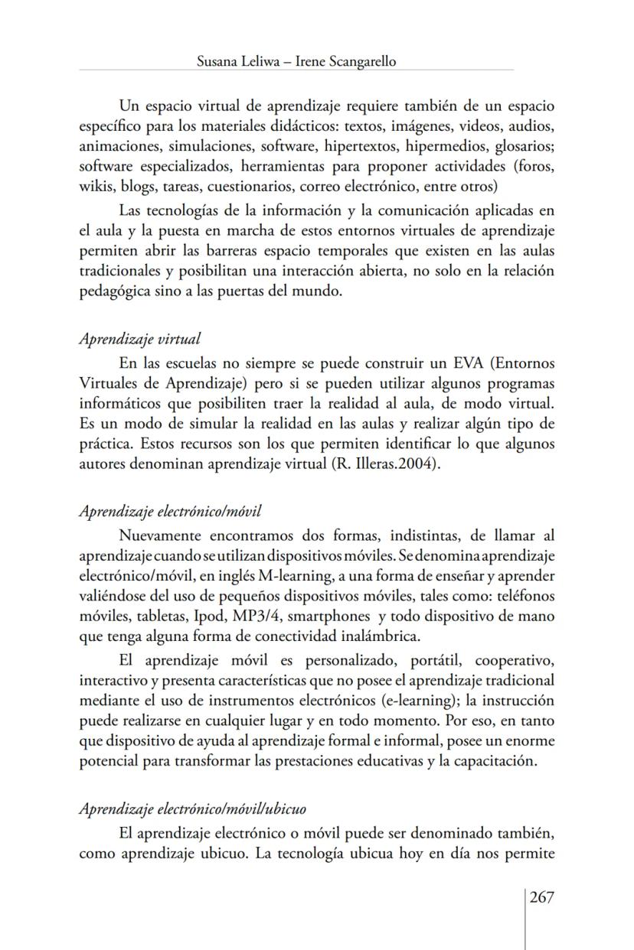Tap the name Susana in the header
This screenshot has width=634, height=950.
tap(217, 62)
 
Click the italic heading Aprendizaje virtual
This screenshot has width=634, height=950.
tap(140, 339)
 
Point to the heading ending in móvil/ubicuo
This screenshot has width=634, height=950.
tap(193, 808)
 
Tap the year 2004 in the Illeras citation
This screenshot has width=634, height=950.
tap(423, 466)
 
